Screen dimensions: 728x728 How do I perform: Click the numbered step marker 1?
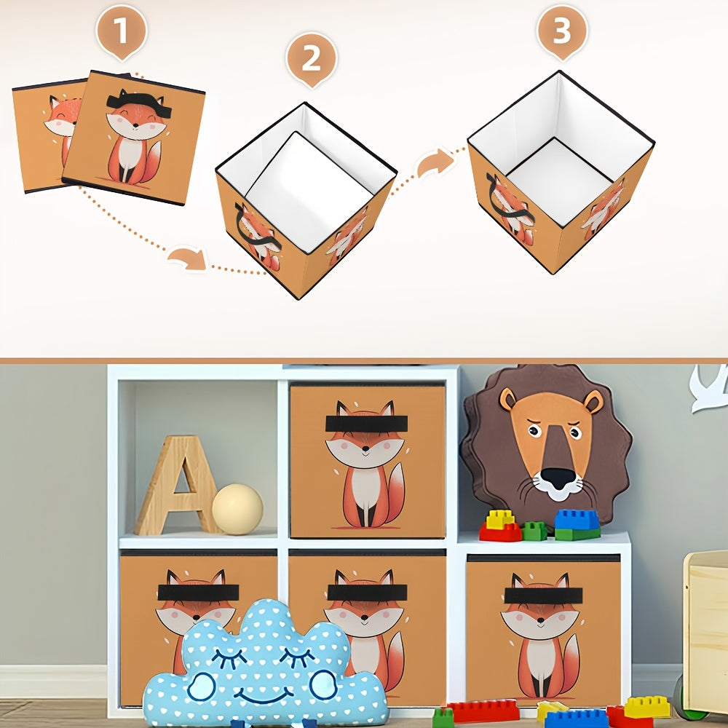pyautogui.click(x=122, y=31)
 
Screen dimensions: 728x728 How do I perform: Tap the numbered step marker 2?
pyautogui.click(x=312, y=60)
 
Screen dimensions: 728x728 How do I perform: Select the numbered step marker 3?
pyautogui.click(x=562, y=31)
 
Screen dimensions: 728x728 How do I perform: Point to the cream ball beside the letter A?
pyautogui.click(x=238, y=509)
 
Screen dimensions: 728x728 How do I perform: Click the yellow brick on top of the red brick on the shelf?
pyautogui.click(x=499, y=520)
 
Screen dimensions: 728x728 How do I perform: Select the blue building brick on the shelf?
pyautogui.click(x=577, y=520)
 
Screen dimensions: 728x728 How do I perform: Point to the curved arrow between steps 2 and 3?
pyautogui.click(x=435, y=162)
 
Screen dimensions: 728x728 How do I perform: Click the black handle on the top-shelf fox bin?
pyautogui.click(x=366, y=424)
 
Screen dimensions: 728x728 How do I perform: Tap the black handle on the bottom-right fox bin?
pyautogui.click(x=543, y=596)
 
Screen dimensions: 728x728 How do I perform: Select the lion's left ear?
pyautogui.click(x=508, y=399)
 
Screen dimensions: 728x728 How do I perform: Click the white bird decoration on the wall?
pyautogui.click(x=709, y=388)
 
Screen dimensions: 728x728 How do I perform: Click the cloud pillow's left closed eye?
pyautogui.click(x=229, y=658)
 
